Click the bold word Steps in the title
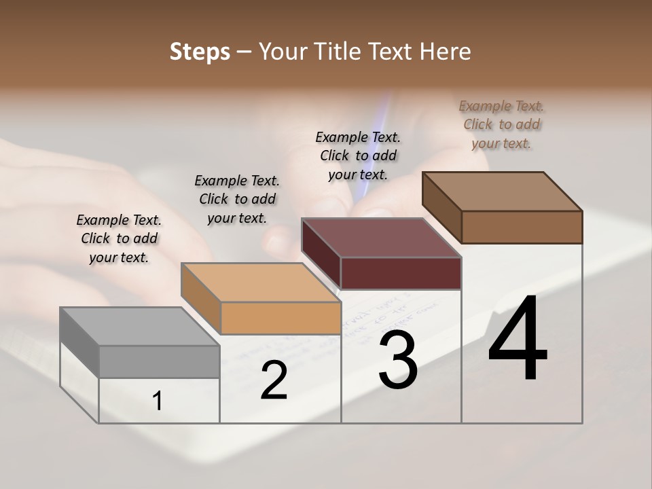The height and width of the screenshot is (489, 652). pyautogui.click(x=200, y=52)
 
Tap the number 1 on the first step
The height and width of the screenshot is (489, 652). pyautogui.click(x=158, y=401)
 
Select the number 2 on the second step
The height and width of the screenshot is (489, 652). pyautogui.click(x=274, y=381)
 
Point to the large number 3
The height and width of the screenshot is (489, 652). pyautogui.click(x=398, y=360)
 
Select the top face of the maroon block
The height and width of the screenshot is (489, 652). pyautogui.click(x=380, y=238)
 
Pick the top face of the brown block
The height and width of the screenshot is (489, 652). pyautogui.click(x=501, y=192)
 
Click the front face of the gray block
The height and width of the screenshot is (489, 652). pyautogui.click(x=159, y=361)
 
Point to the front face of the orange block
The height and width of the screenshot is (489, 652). pyautogui.click(x=280, y=318)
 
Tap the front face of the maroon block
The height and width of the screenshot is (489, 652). pyautogui.click(x=401, y=273)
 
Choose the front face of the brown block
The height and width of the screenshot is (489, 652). pyautogui.click(x=522, y=227)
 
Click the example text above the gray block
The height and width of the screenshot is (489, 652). pyautogui.click(x=119, y=238)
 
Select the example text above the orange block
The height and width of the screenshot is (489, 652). pyautogui.click(x=237, y=199)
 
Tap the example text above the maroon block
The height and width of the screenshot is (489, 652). pyautogui.click(x=358, y=156)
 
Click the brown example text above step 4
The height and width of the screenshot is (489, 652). pyautogui.click(x=501, y=124)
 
